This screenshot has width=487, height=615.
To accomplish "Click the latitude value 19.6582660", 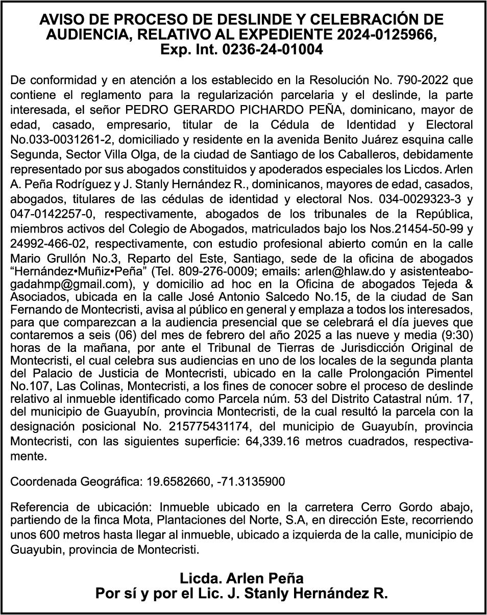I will [177, 481].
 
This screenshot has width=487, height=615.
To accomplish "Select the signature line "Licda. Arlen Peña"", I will [241, 578].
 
